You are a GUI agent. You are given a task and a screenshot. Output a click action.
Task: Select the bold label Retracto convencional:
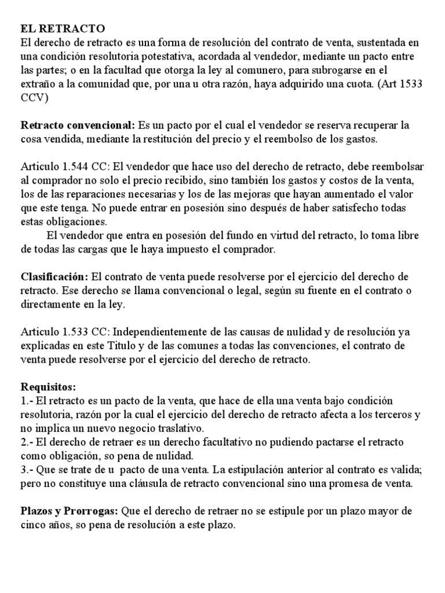coord(77,126)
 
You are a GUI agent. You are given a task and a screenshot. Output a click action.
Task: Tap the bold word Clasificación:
coord(55,277)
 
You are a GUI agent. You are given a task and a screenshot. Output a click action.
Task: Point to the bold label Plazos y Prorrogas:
coord(70,511)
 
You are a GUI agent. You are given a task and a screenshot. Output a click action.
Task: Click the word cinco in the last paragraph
coord(34,525)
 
